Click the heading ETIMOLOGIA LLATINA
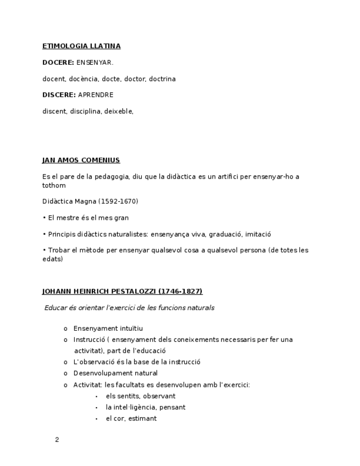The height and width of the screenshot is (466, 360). (81, 46)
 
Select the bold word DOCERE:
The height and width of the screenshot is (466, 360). (58, 63)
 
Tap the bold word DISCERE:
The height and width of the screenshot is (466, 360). (59, 95)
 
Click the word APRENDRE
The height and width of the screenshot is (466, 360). (96, 95)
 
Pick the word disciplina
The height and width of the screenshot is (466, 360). (85, 112)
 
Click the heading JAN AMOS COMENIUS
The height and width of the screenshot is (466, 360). (81, 160)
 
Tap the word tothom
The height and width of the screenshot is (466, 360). (54, 186)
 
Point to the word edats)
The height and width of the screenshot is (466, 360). (53, 259)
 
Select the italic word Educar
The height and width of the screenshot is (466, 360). (55, 308)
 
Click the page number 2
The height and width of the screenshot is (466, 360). (57, 440)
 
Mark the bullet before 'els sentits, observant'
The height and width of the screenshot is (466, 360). (96, 396)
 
